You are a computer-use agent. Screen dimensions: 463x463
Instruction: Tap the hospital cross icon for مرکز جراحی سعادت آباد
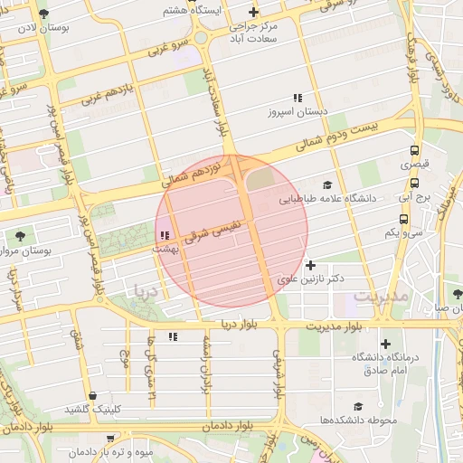pos(253,13)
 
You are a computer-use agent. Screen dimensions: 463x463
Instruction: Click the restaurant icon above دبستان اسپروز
pos(296,98)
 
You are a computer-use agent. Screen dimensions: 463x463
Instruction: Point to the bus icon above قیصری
pos(414,151)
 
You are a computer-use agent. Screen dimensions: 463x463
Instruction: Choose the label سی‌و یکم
pos(404,232)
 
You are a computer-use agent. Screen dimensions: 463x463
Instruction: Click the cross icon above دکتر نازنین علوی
pos(311,265)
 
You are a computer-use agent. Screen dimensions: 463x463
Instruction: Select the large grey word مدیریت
pos(382,296)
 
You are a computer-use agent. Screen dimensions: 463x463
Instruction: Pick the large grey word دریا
pos(146,291)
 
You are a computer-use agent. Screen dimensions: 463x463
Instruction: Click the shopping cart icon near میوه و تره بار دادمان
pos(110,437)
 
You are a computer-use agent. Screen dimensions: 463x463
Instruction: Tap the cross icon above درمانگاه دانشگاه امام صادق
pos(386,344)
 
